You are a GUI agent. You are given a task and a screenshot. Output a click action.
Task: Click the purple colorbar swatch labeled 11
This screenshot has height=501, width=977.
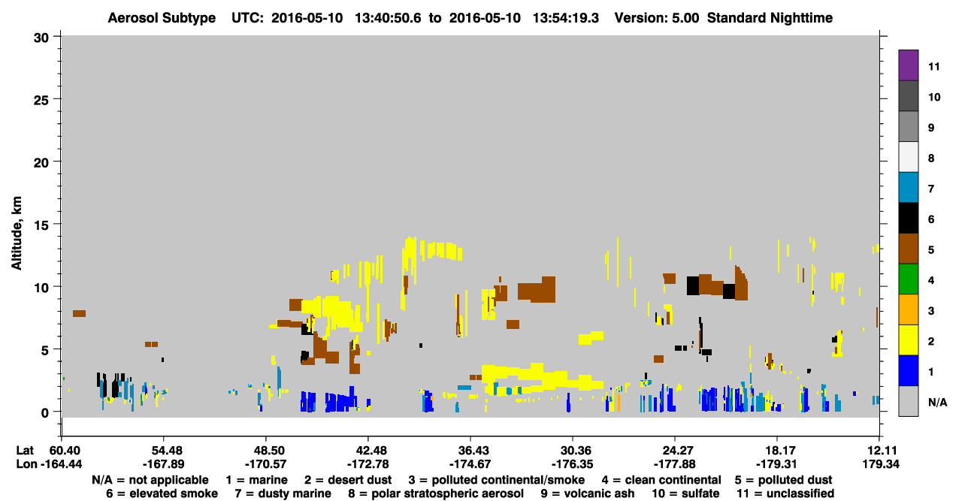pos(908,65)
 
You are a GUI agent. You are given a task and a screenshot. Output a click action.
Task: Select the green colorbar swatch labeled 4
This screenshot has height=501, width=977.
pos(908,279)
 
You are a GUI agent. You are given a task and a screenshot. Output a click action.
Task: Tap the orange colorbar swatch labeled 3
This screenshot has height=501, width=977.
pos(908,309)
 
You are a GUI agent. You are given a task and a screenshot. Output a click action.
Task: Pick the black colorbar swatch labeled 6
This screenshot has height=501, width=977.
pos(908,218)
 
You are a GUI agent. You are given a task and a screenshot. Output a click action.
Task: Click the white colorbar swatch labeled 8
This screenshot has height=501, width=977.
pos(908,157)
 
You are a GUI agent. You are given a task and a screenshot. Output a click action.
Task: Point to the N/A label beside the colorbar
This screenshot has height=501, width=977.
pos(937,402)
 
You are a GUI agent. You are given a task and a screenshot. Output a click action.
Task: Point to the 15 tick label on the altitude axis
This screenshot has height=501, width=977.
pos(41,225)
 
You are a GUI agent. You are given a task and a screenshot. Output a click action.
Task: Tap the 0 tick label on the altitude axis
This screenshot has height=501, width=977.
pos(45,413)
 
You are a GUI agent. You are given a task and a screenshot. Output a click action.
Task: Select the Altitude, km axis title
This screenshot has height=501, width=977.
pos(16,233)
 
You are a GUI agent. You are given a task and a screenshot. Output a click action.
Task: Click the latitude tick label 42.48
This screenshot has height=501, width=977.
pos(368,451)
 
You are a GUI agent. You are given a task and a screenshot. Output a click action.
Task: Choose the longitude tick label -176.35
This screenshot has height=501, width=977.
pos(573,464)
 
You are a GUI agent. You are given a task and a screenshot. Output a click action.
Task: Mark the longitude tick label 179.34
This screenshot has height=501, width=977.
pos(881,464)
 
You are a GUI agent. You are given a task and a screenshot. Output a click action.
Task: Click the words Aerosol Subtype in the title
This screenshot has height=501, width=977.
pos(162,18)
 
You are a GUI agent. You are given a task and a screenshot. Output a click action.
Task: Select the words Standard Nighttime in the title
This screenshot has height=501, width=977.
pos(770,18)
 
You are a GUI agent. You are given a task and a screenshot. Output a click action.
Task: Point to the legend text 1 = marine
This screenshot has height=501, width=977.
pos(256,480)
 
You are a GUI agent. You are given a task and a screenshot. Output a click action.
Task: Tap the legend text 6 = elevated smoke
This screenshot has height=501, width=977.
pos(162,493)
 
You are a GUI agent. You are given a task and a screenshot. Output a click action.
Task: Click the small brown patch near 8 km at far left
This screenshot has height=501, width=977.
pos(79,313)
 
